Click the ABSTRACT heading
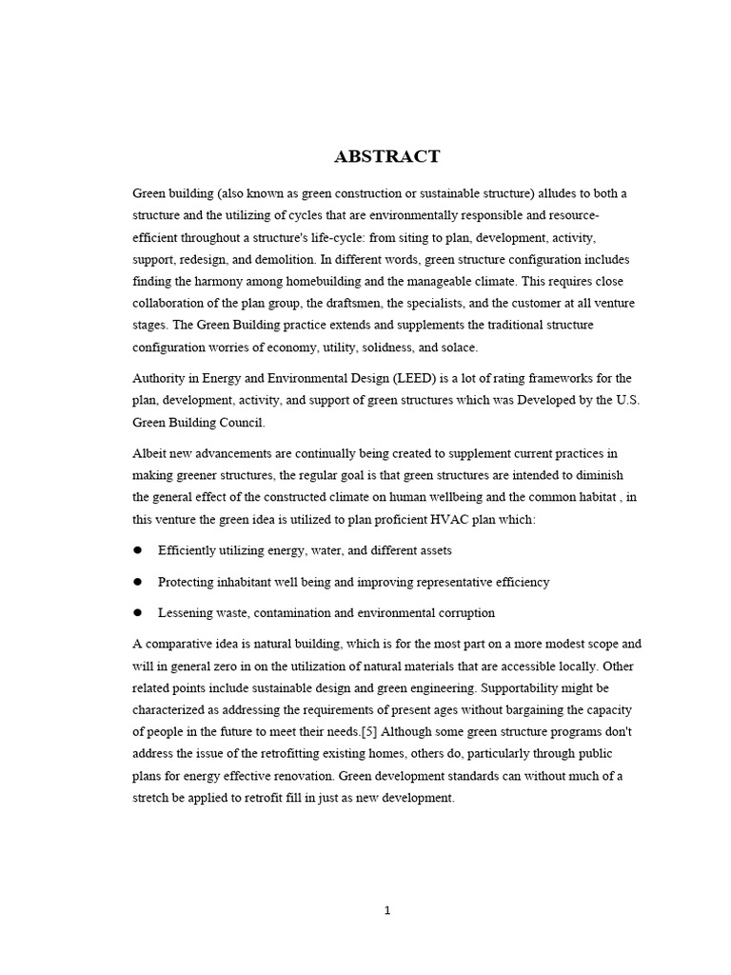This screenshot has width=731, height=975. pos(386,157)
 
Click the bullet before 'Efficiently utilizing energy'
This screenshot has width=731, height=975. pos(137,550)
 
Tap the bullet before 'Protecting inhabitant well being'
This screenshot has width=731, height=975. pos(137,581)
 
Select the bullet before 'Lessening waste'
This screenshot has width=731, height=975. pos(137,612)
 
